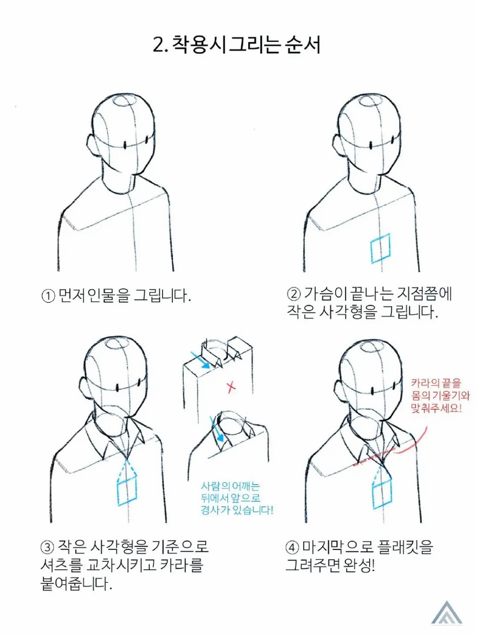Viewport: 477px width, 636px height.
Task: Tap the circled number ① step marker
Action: pyautogui.click(x=48, y=296)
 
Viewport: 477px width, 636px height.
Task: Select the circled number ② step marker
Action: pyautogui.click(x=293, y=295)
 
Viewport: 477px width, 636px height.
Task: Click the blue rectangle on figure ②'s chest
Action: pyautogui.click(x=380, y=249)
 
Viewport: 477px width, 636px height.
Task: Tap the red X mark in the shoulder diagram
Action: pyautogui.click(x=231, y=387)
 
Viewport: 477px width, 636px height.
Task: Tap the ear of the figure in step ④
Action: pyautogui.click(x=339, y=390)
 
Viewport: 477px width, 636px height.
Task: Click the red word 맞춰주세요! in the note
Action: pyautogui.click(x=436, y=409)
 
